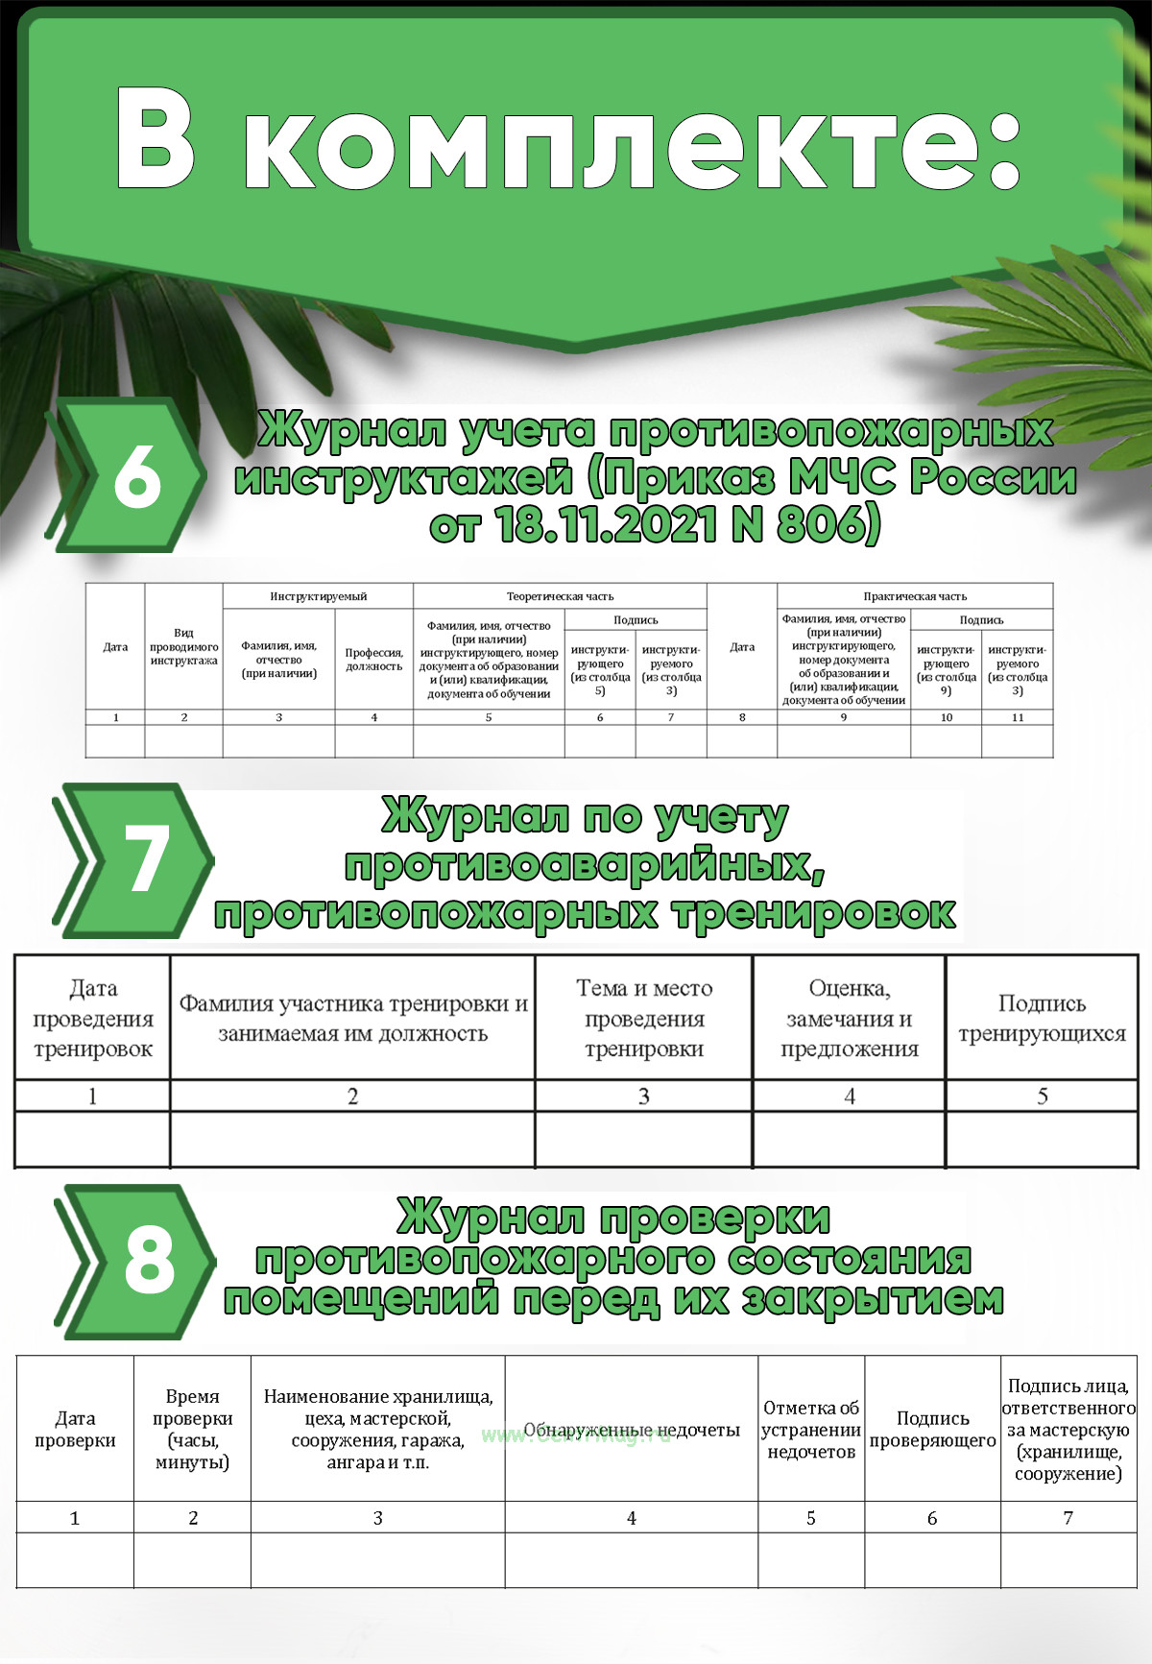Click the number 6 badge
tap(136, 476)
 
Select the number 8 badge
tap(149, 1260)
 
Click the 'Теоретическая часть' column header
tap(560, 596)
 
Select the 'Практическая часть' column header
tap(914, 596)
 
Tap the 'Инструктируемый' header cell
tap(318, 596)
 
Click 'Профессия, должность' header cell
tap(373, 660)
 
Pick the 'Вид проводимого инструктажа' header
tap(183, 646)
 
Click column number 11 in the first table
tap(1017, 717)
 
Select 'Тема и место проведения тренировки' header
tap(644, 1018)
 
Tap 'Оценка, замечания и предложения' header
tap(849, 1018)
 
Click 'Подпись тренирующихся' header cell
tap(1042, 1018)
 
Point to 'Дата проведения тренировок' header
tap(92, 1018)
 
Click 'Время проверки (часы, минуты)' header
tap(192, 1429)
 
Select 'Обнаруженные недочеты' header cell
tap(631, 1430)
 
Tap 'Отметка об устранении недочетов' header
tap(811, 1429)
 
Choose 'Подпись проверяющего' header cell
tap(932, 1429)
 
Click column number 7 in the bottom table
tap(1068, 1518)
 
